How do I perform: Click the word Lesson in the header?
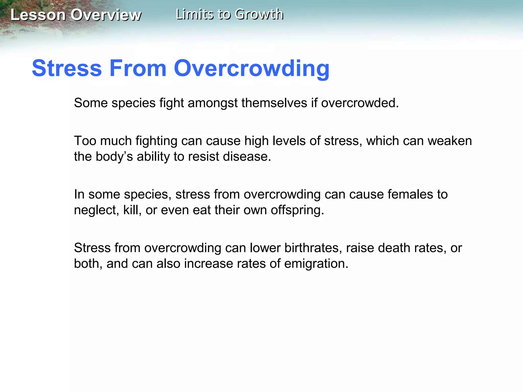pos(38,15)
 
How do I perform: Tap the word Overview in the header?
pos(106,15)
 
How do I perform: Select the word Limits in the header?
pos(194,14)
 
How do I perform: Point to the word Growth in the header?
pos(259,14)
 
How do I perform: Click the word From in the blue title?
pos(138,68)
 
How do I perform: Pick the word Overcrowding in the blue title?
pos(252,68)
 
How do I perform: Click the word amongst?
pos(213,103)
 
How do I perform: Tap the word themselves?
pos(274,103)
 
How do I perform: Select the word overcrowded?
pos(360,103)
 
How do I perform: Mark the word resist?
pos(203,156)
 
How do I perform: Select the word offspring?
pos(297,210)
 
